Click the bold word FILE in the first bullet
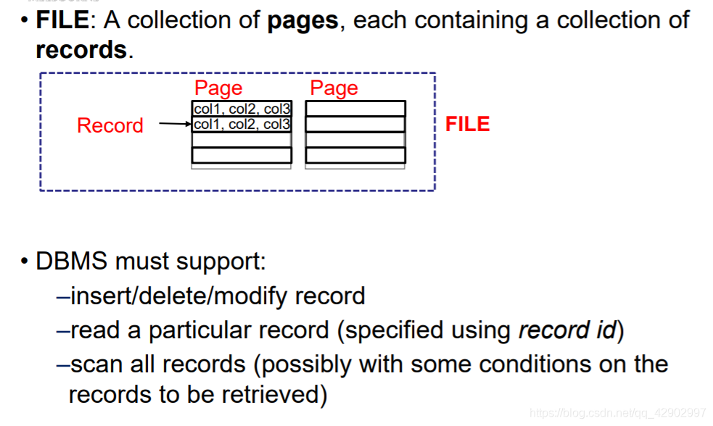pyautogui.click(x=62, y=20)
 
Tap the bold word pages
pyautogui.click(x=302, y=20)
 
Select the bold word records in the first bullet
pyautogui.click(x=81, y=50)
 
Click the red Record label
pyautogui.click(x=110, y=125)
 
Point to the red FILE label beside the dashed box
pyautogui.click(x=467, y=124)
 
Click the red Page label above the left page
pyautogui.click(x=218, y=88)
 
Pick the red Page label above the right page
pyautogui.click(x=334, y=88)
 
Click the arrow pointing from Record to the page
pyautogui.click(x=175, y=124)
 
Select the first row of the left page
pyautogui.click(x=242, y=109)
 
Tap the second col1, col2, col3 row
pyautogui.click(x=242, y=125)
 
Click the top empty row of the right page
pyautogui.click(x=355, y=109)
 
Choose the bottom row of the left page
pyautogui.click(x=242, y=155)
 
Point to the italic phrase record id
pyautogui.click(x=566, y=330)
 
